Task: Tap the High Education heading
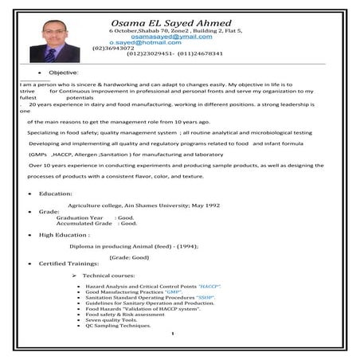[x=65, y=235]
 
